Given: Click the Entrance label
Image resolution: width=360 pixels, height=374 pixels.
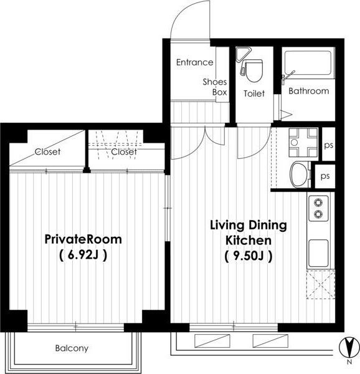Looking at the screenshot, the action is click(195, 62).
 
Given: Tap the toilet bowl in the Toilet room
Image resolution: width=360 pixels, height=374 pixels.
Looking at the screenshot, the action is click(254, 70).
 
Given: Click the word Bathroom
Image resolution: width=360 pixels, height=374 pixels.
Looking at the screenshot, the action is click(308, 91).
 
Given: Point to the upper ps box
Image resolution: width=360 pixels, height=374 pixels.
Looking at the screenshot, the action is click(329, 144).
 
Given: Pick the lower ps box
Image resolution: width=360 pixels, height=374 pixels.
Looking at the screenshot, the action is click(325, 176).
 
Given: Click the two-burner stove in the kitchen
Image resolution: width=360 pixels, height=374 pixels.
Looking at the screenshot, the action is click(318, 208).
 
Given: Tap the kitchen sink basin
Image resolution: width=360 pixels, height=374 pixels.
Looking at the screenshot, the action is click(318, 253).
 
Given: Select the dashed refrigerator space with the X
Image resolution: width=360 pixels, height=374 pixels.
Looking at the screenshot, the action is click(321, 284).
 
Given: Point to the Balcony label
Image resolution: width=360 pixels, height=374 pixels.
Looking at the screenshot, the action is click(72, 348).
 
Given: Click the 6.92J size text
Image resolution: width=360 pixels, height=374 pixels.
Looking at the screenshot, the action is click(83, 255).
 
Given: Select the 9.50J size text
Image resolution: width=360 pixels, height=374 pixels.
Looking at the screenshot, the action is click(248, 257).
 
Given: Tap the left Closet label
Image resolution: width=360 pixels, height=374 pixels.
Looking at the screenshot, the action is click(47, 151).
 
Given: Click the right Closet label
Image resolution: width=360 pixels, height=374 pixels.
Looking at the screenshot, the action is click(124, 151).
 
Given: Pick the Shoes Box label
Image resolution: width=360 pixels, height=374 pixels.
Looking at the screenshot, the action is click(215, 87).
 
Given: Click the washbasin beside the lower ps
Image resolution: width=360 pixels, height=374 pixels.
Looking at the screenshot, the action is click(300, 175).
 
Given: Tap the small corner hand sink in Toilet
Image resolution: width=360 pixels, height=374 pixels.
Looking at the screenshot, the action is click(242, 54).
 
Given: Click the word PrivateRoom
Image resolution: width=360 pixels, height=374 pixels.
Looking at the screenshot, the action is click(83, 239).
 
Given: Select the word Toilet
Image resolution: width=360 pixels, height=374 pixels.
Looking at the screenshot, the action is click(254, 93).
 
